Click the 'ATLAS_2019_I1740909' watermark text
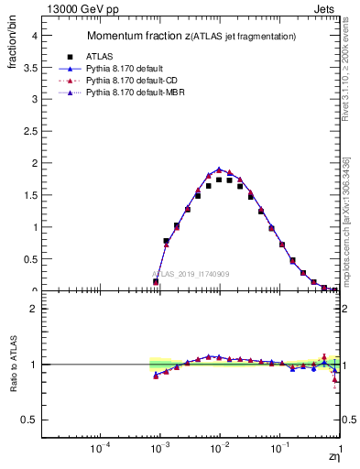click(191, 274)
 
